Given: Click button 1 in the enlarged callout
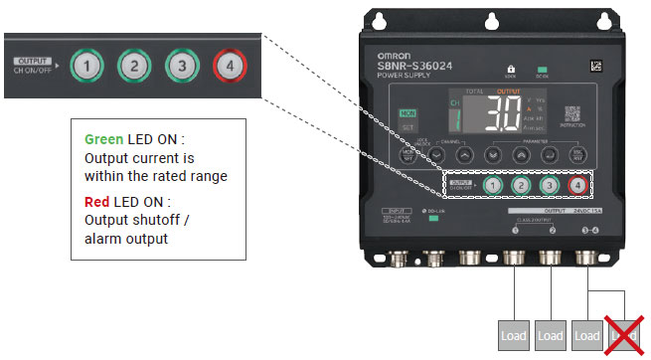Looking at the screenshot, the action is point(89,68).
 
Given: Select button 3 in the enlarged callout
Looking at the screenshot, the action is point(182,68).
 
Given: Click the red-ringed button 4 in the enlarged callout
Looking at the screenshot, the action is point(230,68).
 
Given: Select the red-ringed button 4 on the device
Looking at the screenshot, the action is point(576,186).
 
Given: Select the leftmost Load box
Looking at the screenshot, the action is point(514,335).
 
